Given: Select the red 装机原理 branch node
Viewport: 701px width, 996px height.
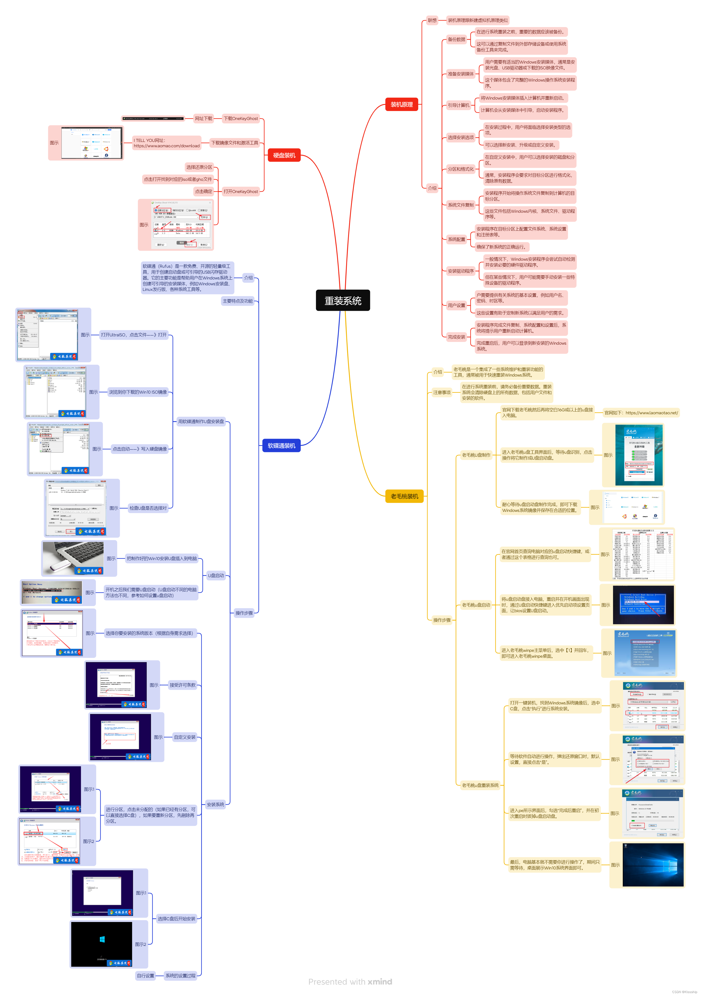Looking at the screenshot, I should pos(401,105).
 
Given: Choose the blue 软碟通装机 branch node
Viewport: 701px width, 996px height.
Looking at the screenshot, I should pos(281,445).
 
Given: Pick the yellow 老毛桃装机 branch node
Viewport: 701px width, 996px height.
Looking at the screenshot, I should pos(404,496).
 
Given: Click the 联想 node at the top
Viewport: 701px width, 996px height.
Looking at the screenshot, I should pos(432,20).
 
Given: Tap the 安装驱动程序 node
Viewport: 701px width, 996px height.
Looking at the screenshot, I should pos(461,271).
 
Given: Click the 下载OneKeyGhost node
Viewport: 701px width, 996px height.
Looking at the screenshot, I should pos(240,119).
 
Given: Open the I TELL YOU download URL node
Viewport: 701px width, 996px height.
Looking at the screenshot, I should pos(167,143).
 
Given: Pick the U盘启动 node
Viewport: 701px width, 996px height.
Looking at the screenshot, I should pos(216,576).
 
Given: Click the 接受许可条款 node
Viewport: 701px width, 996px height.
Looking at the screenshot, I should pos(182,685).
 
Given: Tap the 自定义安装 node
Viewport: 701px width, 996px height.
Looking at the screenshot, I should pos(184,737).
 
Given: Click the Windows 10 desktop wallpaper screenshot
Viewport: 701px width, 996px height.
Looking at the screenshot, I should pos(652,865).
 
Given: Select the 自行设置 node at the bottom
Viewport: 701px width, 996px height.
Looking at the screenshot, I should pos(145,976).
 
